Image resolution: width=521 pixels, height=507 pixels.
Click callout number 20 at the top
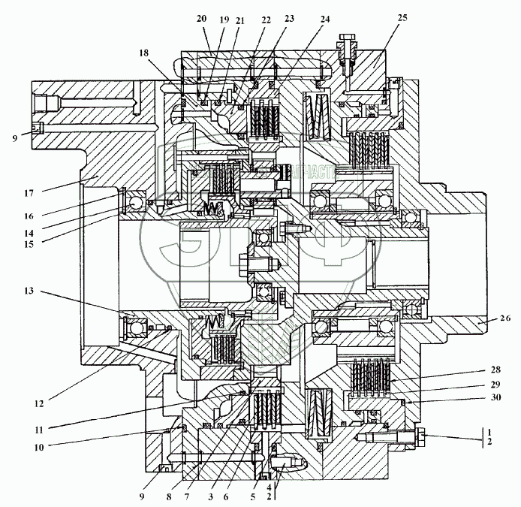click(x=200, y=18)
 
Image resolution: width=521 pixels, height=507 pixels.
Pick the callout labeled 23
click(x=290, y=18)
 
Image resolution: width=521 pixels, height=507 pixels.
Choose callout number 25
click(x=402, y=18)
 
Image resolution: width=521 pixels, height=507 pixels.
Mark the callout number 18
click(x=144, y=53)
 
